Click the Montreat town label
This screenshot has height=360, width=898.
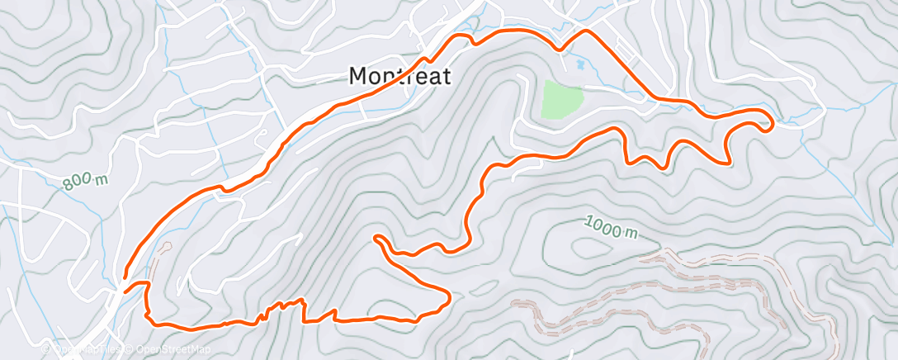coord(399,76)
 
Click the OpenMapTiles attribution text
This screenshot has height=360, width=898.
coord(87,349)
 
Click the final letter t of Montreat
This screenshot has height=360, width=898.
coord(447,76)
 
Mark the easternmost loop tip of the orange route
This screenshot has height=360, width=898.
coord(772,125)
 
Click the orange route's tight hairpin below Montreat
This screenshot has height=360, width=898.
coord(378,239)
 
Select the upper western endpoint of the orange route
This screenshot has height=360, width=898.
coord(125,277)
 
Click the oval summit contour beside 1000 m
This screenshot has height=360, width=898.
coord(587,247)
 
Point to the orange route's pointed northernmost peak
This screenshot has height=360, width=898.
coord(586,31)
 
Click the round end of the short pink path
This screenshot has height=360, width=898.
coord(166,245)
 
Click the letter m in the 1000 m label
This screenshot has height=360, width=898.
coord(630,234)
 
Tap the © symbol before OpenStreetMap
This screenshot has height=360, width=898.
coord(131,349)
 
